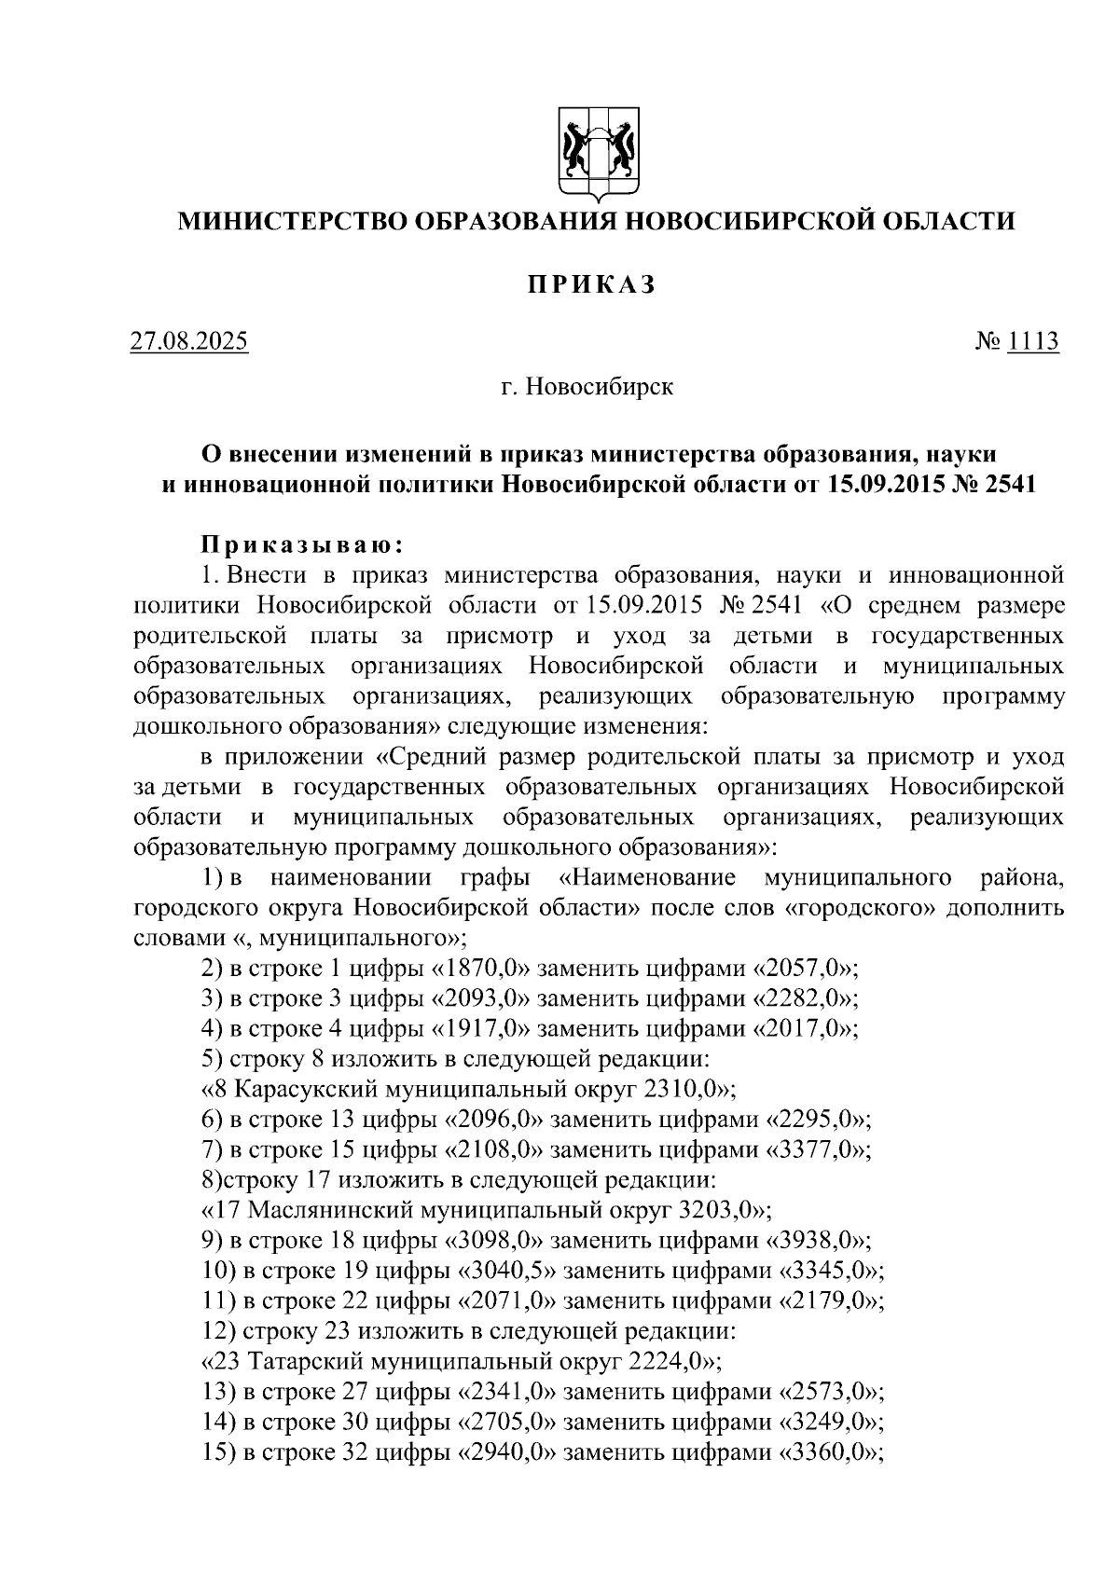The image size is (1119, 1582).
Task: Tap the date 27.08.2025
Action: click(x=189, y=341)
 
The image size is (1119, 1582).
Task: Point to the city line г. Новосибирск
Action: click(x=587, y=386)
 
